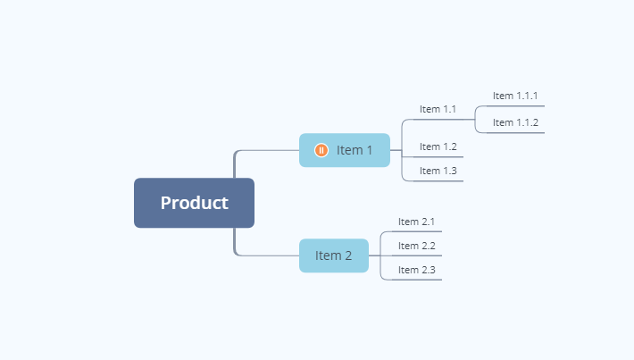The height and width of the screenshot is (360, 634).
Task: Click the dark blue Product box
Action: tap(194, 203)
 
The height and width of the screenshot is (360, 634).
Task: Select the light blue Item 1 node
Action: tap(345, 150)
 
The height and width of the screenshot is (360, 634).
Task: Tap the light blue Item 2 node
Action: tap(334, 255)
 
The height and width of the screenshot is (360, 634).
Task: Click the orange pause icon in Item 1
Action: tap(321, 150)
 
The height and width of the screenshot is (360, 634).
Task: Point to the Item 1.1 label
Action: tap(438, 109)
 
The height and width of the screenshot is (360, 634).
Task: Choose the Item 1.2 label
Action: tap(438, 147)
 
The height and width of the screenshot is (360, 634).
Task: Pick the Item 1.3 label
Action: tap(438, 171)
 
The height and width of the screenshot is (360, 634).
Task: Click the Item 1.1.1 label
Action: tap(515, 96)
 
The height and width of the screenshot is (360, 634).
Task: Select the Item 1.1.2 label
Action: tap(515, 122)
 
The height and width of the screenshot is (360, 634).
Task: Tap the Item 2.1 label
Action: tap(416, 222)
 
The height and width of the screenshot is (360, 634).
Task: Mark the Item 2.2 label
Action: tap(416, 246)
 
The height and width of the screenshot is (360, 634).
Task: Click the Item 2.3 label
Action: tap(416, 270)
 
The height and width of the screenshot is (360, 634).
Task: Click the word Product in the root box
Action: tap(194, 203)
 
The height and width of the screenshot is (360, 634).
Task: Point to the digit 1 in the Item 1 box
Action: tap(369, 150)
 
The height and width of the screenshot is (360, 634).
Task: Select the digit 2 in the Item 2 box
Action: tap(348, 255)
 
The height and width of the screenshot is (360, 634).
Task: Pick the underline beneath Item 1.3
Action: tap(438, 180)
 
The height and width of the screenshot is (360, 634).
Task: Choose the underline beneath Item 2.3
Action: tap(416, 280)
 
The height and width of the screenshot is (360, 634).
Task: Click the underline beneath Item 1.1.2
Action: tap(515, 133)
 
